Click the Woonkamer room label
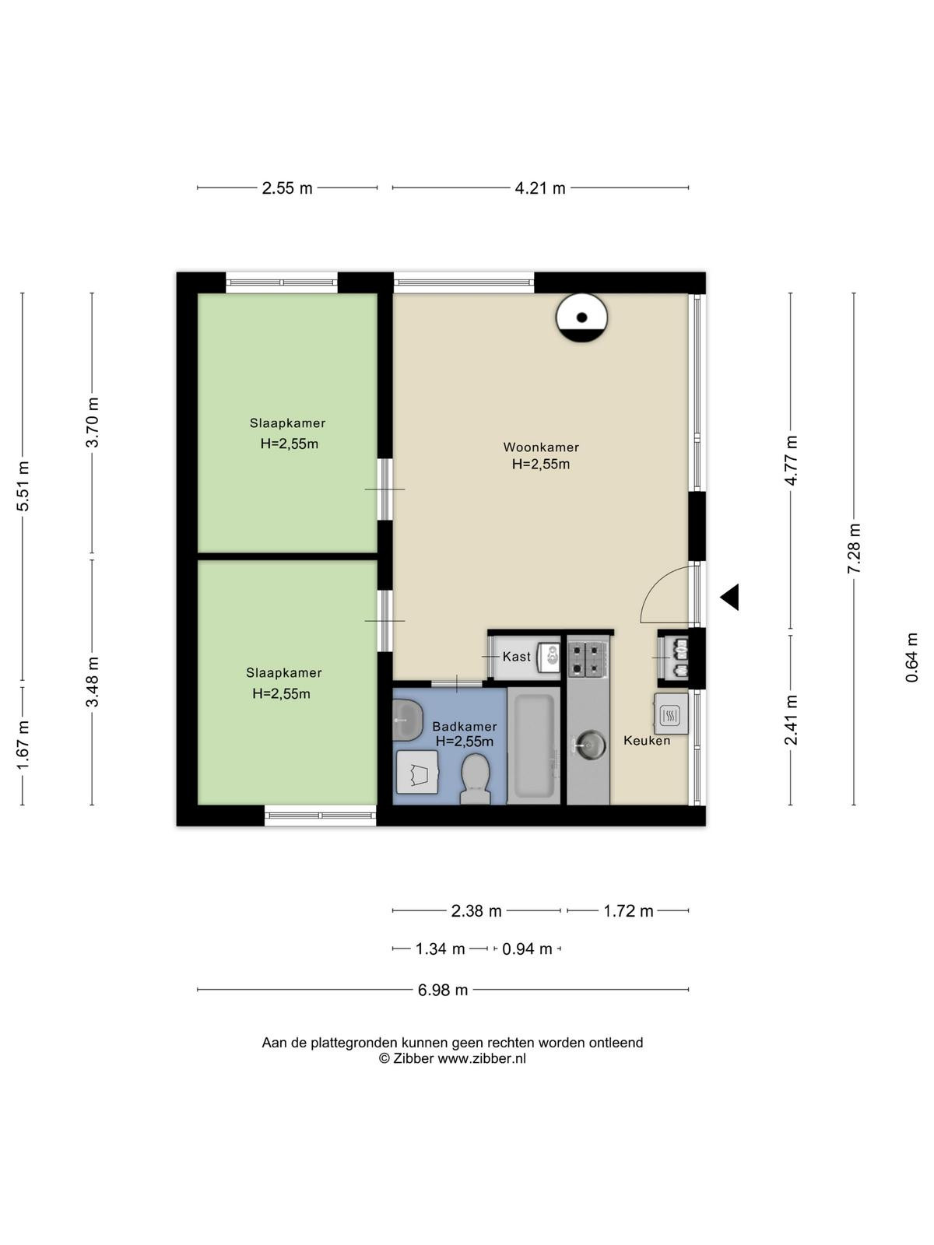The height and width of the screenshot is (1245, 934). click(540, 447)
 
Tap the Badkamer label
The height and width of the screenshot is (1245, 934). click(465, 727)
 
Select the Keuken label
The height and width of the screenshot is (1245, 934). click(647, 740)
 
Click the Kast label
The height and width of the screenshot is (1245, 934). click(517, 656)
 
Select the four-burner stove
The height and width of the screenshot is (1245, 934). click(588, 658)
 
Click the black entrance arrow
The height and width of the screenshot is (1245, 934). click(730, 597)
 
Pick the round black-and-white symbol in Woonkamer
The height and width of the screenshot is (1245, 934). click(581, 317)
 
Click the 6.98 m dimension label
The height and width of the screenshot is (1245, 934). click(443, 990)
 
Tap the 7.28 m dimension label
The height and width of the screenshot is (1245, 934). click(854, 549)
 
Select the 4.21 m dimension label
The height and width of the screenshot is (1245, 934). click(540, 188)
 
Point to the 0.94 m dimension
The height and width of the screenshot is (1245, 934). click(527, 949)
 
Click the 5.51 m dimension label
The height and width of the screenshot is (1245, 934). click(23, 486)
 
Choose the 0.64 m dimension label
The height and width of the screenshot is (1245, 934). click(911, 658)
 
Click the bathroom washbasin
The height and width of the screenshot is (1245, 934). click(407, 721)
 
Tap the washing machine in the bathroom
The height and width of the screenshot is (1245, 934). click(417, 771)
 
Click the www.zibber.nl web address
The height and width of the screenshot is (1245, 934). click(482, 1058)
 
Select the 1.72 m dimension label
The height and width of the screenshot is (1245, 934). click(628, 911)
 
